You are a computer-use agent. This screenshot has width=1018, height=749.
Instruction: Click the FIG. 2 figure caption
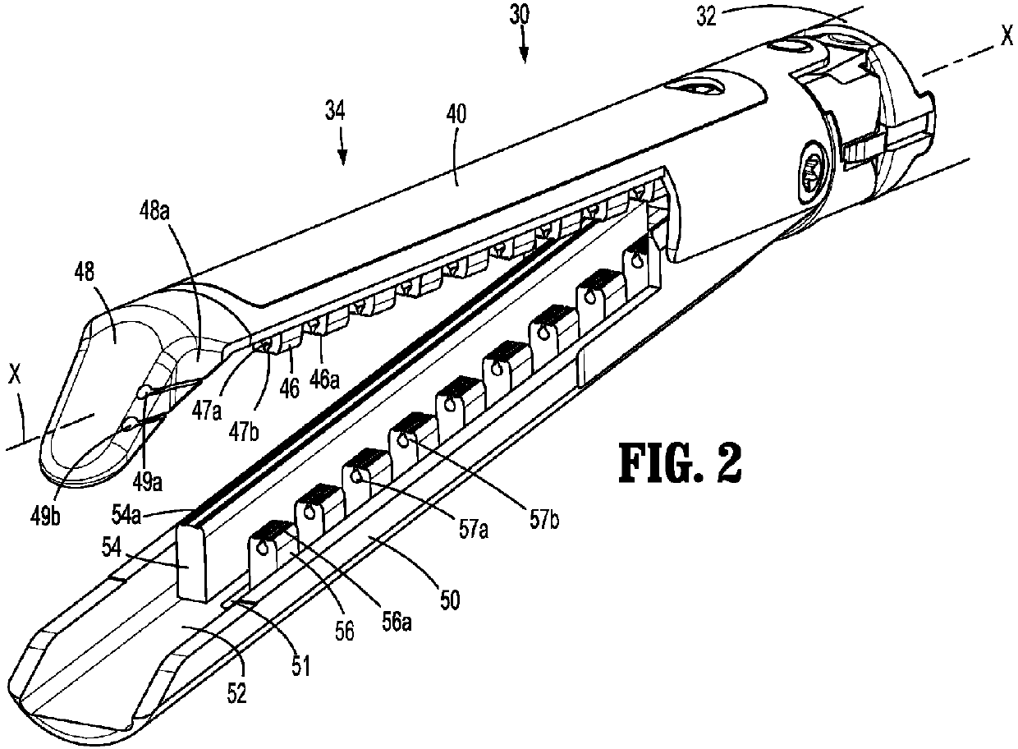(x=680, y=463)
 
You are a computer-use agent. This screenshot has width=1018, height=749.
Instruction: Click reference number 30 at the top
(x=519, y=16)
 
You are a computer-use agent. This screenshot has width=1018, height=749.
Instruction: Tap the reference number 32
(x=707, y=16)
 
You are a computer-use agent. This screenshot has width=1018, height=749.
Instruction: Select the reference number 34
(x=336, y=112)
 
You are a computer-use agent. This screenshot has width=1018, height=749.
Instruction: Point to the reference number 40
(x=456, y=114)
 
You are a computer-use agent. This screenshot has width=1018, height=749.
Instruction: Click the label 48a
(x=155, y=213)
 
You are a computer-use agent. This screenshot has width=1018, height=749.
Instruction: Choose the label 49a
(x=147, y=482)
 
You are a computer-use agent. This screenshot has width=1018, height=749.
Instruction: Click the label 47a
(x=207, y=412)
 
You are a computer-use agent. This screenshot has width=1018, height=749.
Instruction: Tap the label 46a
(x=324, y=379)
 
